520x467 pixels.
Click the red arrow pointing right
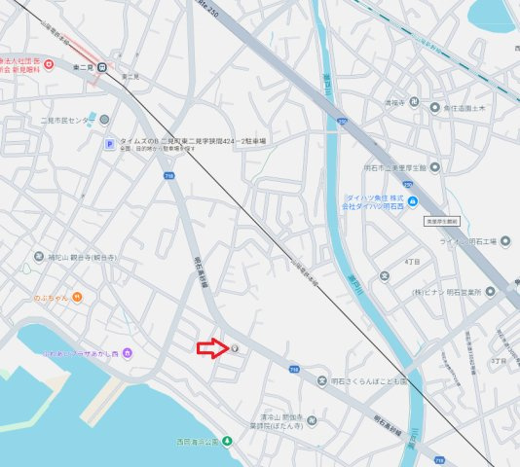(211, 348)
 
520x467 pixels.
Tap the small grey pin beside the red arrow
(234, 348)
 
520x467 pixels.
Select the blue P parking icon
(110, 144)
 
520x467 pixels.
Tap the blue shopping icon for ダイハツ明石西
(414, 202)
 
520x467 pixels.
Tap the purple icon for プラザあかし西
(139, 351)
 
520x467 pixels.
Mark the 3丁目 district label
(499, 360)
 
